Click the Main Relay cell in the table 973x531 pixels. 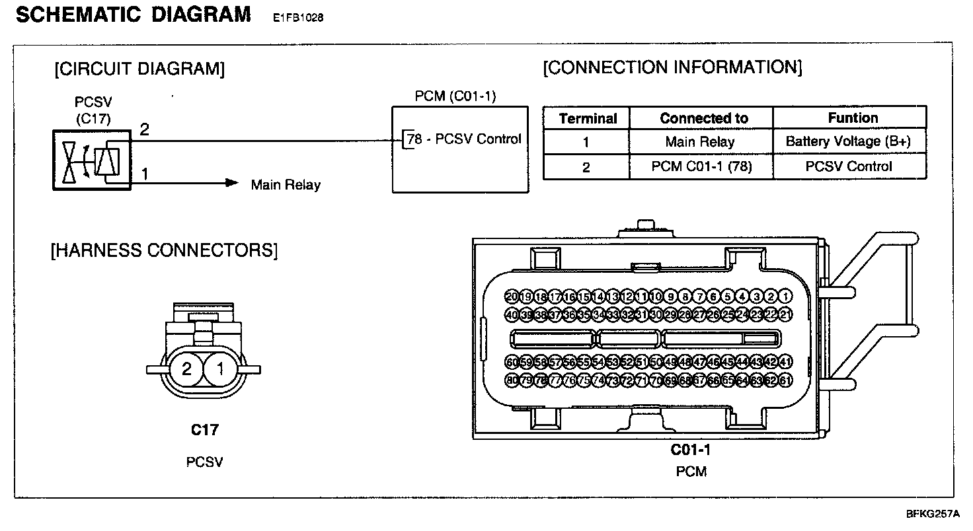(x=700, y=141)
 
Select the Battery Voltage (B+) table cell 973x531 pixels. (x=849, y=141)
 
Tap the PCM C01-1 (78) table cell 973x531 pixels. (x=700, y=166)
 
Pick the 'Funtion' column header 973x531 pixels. (x=853, y=118)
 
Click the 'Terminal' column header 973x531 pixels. (x=587, y=119)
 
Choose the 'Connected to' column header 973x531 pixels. (x=703, y=119)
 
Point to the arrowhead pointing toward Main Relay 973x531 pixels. (x=231, y=183)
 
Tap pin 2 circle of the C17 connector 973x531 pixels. (x=187, y=369)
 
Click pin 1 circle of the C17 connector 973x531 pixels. (x=220, y=369)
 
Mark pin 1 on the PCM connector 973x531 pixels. (x=786, y=296)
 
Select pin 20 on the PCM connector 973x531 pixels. (x=512, y=296)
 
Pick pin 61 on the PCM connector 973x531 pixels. (x=786, y=380)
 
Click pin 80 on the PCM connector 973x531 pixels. (x=512, y=380)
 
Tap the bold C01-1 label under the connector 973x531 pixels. (x=691, y=450)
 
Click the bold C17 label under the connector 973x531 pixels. (x=204, y=430)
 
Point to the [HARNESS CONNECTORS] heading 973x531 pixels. (x=164, y=251)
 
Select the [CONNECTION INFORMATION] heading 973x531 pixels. (x=672, y=67)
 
